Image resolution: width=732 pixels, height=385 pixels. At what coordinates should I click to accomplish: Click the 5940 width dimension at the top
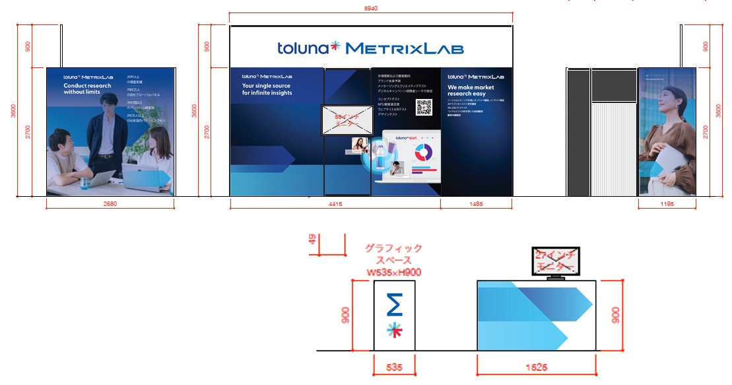(371, 9)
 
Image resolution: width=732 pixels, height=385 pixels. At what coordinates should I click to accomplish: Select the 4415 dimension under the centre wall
(335, 203)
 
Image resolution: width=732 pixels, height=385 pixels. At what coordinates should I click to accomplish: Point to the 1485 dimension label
(477, 203)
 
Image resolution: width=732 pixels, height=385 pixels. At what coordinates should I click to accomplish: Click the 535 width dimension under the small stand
(394, 366)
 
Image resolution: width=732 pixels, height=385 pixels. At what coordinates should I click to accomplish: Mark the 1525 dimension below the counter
(536, 366)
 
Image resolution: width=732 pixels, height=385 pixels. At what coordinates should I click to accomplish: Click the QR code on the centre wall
(424, 107)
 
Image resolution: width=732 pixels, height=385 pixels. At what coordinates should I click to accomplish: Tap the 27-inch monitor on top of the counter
(555, 262)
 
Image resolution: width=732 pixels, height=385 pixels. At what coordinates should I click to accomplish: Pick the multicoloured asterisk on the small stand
(395, 330)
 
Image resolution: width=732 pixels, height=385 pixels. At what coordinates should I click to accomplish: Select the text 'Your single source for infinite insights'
(267, 89)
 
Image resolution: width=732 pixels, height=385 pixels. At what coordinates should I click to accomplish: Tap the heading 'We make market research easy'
(471, 90)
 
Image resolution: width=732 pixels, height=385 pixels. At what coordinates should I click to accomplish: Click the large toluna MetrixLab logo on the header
(370, 48)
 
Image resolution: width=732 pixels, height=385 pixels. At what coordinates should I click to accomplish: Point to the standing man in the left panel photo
(104, 142)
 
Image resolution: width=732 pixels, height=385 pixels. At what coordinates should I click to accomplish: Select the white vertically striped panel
(613, 149)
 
